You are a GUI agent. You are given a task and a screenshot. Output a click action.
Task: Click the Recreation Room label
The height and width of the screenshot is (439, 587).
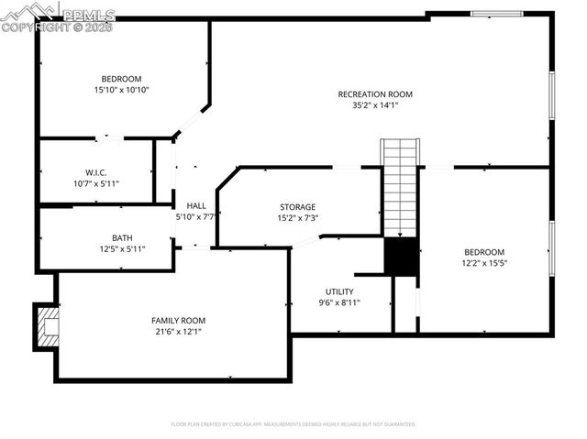tap(375, 94)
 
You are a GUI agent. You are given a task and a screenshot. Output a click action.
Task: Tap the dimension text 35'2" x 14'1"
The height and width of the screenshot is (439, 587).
tap(375, 105)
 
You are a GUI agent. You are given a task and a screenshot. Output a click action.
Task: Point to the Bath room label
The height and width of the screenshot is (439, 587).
tap(122, 237)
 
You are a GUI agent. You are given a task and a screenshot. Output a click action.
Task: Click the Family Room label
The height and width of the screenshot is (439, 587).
tap(179, 320)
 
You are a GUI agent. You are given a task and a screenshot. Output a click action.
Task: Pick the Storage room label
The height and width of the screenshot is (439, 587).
tap(297, 207)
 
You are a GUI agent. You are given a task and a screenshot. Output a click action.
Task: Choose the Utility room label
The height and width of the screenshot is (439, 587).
tap(339, 291)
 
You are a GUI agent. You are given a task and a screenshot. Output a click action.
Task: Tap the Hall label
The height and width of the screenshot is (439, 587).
tap(196, 205)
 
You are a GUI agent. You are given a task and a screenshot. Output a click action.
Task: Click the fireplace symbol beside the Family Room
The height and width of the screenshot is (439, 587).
tap(45, 325)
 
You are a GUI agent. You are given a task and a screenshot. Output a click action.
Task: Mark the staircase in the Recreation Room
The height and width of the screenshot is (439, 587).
tap(400, 187)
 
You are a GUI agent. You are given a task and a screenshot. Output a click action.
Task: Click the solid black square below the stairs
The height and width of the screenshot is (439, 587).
tap(401, 257)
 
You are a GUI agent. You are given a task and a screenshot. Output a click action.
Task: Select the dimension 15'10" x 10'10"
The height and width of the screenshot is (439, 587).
tap(121, 90)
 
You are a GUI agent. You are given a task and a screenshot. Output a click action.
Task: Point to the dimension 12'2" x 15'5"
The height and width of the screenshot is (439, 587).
tap(483, 263)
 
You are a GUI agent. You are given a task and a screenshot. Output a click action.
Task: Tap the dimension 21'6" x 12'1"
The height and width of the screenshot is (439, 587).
tap(179, 331)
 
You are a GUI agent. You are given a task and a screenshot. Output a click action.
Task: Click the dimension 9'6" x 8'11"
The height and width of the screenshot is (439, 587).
tap(339, 302)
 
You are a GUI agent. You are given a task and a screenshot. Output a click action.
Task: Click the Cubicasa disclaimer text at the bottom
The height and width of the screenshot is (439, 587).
tap(293, 424)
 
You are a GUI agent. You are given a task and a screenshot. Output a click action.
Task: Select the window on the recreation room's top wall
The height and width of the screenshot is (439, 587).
tap(496, 14)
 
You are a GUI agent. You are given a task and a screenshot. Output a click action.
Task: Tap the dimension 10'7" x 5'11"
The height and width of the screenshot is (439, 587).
tap(95, 183)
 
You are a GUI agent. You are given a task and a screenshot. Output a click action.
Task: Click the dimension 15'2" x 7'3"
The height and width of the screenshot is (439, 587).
tap(297, 218)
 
